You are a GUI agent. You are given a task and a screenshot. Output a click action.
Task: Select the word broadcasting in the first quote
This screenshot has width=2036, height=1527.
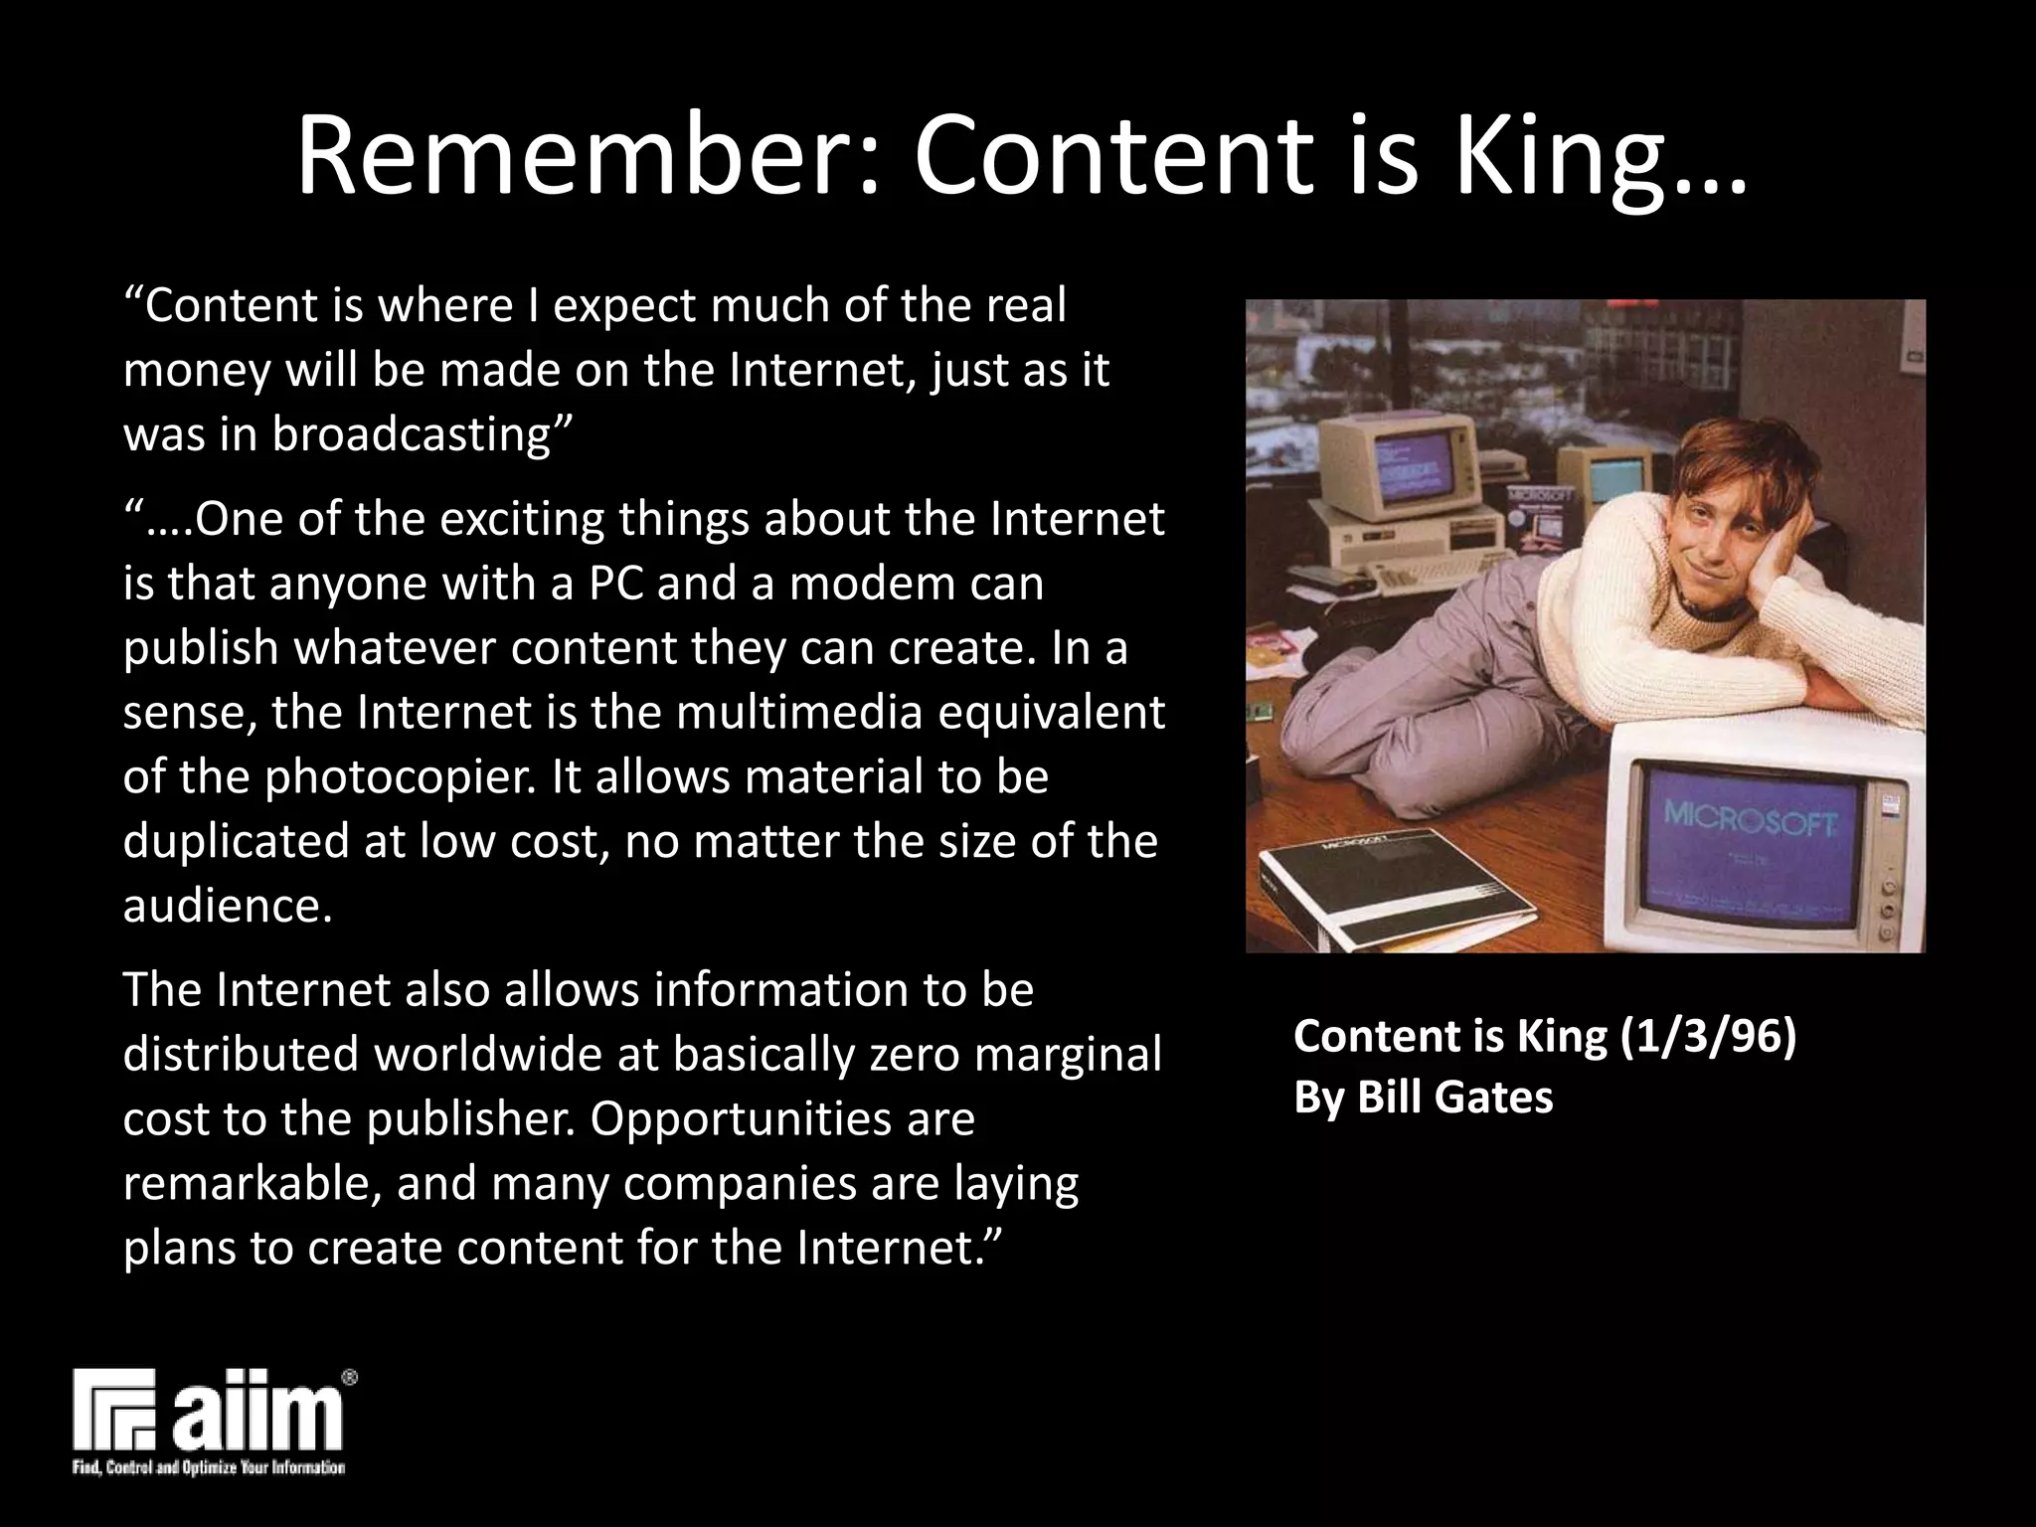click(422, 434)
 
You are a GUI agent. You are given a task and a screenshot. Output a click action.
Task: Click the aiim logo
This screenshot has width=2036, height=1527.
click(209, 1412)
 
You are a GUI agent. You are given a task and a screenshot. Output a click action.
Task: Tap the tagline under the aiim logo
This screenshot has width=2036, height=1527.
click(209, 1468)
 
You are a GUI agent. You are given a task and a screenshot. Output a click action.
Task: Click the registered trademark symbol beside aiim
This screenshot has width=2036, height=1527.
click(349, 1378)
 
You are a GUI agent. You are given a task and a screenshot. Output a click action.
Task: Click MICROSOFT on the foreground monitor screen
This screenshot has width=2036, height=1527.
click(1753, 820)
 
